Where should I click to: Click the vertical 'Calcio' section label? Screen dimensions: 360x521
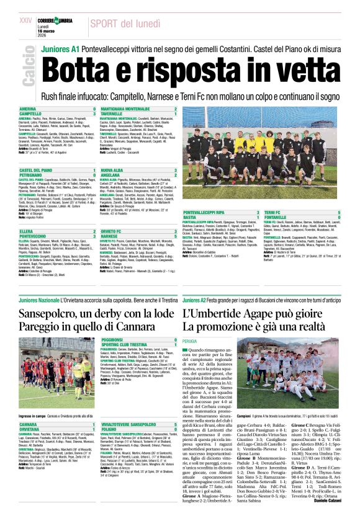click(x=27, y=67)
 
